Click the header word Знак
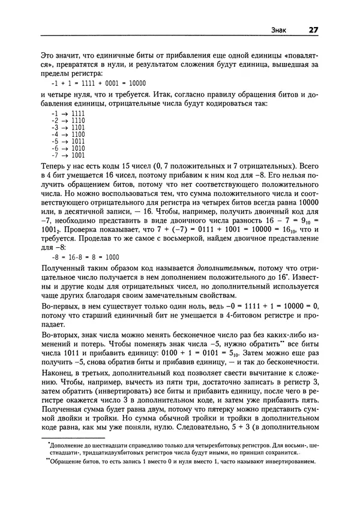(x=279, y=30)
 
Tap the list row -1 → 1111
(x=68, y=113)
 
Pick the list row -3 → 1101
(x=68, y=128)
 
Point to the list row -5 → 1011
(x=68, y=142)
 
